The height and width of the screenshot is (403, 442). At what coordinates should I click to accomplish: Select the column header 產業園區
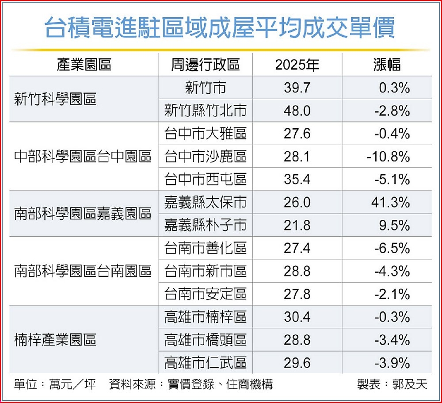(84, 65)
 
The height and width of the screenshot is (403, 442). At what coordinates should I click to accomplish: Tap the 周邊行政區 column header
(205, 65)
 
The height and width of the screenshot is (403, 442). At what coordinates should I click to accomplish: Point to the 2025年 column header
(297, 65)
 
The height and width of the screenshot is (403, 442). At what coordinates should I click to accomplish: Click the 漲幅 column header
(387, 65)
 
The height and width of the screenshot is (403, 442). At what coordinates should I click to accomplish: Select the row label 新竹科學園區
(55, 99)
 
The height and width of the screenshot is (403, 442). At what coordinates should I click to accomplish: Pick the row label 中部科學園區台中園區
(83, 157)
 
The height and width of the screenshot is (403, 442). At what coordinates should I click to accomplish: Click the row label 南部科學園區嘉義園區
(83, 214)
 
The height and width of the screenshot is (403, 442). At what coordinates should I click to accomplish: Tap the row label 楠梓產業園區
(55, 340)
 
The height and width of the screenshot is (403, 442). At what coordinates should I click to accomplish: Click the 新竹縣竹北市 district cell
(206, 111)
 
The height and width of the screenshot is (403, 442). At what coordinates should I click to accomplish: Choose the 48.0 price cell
(297, 111)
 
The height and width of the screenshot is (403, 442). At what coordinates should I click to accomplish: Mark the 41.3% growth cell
(392, 203)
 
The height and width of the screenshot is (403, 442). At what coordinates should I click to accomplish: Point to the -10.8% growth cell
(388, 157)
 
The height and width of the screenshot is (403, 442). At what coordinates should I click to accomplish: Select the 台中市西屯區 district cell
(206, 180)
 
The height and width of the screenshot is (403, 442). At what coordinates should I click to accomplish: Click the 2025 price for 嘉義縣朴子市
(297, 226)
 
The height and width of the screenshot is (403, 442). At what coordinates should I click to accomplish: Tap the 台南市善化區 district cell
(206, 249)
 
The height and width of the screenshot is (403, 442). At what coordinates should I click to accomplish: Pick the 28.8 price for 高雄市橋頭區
(297, 340)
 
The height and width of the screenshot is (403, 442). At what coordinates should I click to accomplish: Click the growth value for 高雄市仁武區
(392, 363)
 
